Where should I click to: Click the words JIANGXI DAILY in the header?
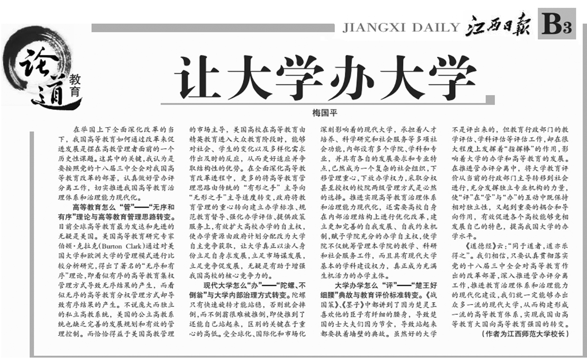[401, 27]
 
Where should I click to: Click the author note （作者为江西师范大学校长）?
[525, 333]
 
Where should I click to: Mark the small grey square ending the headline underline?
[489, 99]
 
